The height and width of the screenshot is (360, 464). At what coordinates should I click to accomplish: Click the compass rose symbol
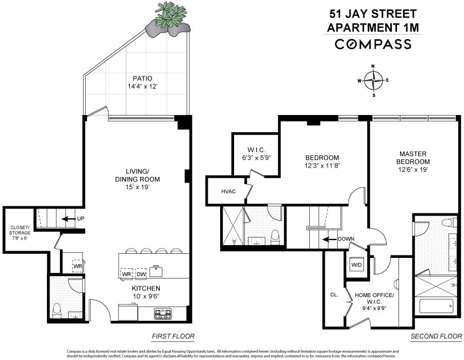click(x=373, y=80)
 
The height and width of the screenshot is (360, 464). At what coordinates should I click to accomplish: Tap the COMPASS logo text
click(x=374, y=44)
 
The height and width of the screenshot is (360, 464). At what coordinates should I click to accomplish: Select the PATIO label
click(x=138, y=79)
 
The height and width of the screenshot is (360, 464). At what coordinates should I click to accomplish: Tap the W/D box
click(x=356, y=265)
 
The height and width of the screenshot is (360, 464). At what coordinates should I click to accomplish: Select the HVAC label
click(x=229, y=191)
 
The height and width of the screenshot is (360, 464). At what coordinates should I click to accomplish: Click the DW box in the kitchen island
click(x=141, y=274)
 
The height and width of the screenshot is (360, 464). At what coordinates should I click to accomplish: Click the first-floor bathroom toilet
click(x=57, y=310)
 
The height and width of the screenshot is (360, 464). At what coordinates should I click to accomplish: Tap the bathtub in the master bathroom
click(x=435, y=306)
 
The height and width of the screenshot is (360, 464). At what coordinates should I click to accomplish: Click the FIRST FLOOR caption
click(x=173, y=337)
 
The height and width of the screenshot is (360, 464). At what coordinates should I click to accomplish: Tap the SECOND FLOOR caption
click(x=436, y=337)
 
